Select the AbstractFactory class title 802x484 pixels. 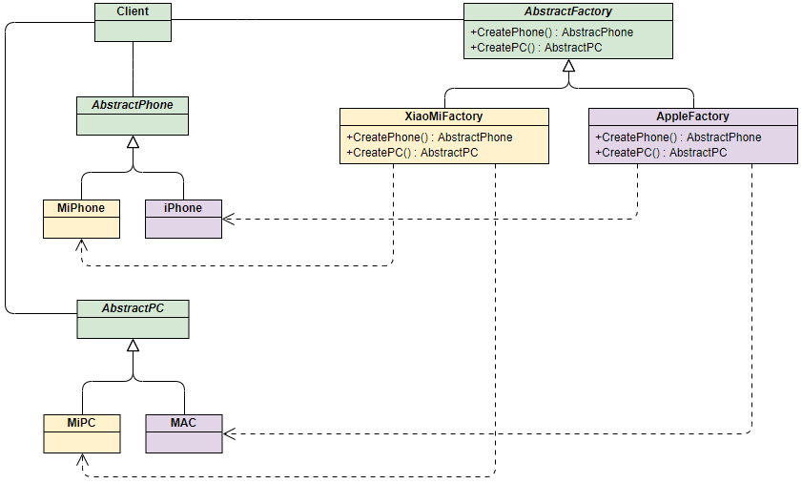click(567, 11)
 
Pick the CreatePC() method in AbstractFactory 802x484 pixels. click(536, 47)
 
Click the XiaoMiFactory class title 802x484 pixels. click(443, 116)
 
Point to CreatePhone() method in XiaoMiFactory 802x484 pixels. click(429, 137)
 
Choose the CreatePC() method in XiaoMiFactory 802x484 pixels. click(412, 152)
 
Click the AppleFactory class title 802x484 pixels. click(692, 116)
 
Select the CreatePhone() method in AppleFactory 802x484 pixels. click(678, 137)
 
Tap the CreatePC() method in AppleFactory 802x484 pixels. click(661, 152)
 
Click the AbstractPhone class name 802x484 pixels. click(133, 105)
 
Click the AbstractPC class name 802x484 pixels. click(133, 309)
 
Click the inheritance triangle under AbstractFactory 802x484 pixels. click(568, 66)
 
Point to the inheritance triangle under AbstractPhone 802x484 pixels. click(134, 142)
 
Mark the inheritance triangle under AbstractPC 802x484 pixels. click(134, 346)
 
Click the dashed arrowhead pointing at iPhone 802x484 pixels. click(227, 219)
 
